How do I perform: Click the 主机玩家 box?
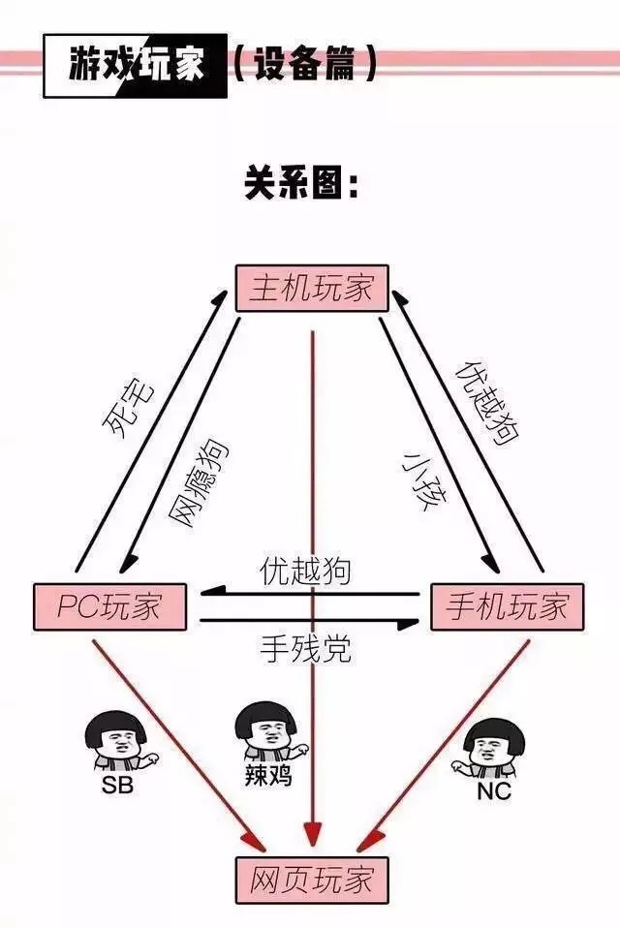tap(311, 289)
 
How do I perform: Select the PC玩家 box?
tap(109, 607)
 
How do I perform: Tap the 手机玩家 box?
tap(507, 607)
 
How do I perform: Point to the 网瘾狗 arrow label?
tap(199, 482)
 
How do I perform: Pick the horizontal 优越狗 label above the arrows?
tap(305, 571)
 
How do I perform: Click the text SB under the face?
tap(117, 785)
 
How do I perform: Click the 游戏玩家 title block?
tap(136, 65)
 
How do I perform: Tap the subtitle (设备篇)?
tap(302, 65)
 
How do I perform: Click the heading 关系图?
tap(301, 184)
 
